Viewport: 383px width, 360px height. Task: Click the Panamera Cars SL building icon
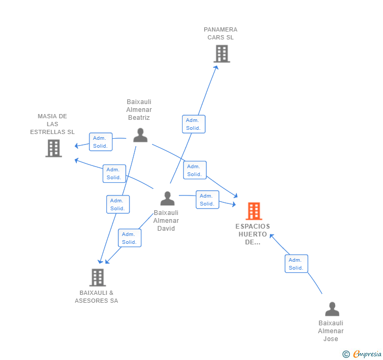221,54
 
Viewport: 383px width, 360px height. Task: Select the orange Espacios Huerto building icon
254,211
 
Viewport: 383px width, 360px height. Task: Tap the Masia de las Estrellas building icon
54,148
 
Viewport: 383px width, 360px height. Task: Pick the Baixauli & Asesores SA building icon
97,277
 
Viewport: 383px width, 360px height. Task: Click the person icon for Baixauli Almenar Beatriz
140,135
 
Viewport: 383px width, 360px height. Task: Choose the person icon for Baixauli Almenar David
167,198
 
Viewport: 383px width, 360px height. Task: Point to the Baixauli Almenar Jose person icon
332,308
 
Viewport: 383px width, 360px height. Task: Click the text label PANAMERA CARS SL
220,34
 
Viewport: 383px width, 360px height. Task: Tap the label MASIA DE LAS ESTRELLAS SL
52,124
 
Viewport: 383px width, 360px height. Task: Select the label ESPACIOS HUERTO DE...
253,234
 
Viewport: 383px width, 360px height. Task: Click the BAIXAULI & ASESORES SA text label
96,297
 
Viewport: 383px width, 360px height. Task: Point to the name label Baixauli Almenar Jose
331,331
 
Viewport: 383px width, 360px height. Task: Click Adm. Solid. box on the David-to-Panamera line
194,124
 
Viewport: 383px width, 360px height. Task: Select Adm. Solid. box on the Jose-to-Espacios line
296,263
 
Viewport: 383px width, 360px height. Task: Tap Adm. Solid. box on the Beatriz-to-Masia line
100,142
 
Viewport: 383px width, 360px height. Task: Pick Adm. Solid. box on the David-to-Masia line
114,173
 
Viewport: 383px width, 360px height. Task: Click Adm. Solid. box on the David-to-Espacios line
207,200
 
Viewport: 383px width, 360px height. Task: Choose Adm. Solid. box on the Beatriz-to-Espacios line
195,170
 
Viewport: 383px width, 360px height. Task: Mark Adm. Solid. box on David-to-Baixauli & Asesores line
129,238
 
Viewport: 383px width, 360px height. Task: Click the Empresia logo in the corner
362,354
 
